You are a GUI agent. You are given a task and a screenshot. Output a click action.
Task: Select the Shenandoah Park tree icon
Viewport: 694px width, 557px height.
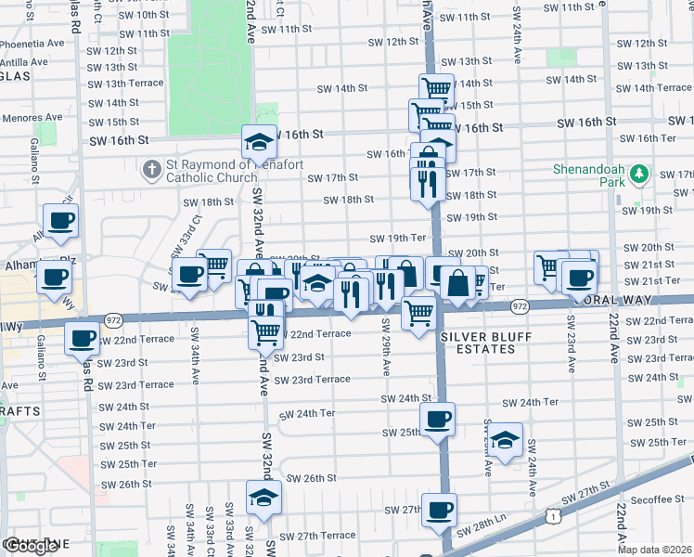pos(638,175)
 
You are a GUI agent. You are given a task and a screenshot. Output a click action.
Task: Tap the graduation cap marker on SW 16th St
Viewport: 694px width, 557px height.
pos(259,141)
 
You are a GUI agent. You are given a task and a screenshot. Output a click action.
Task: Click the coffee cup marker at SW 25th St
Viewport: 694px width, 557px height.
pos(437,419)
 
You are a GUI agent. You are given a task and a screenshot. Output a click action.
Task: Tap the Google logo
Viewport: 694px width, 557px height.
pos(30,546)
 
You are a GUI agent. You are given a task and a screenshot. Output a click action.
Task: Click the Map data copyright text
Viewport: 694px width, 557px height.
pos(655,550)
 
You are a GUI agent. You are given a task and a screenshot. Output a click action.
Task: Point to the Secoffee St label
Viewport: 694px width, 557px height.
pos(658,499)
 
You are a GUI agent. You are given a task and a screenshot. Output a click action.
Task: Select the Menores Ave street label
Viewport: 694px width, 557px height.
pos(32,118)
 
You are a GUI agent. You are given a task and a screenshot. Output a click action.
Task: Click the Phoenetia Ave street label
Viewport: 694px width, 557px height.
pos(32,43)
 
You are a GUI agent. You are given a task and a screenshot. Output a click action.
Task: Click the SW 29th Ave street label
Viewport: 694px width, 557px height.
pos(384,355)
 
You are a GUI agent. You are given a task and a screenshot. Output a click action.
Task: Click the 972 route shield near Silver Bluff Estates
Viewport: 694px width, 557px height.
pos(519,305)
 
